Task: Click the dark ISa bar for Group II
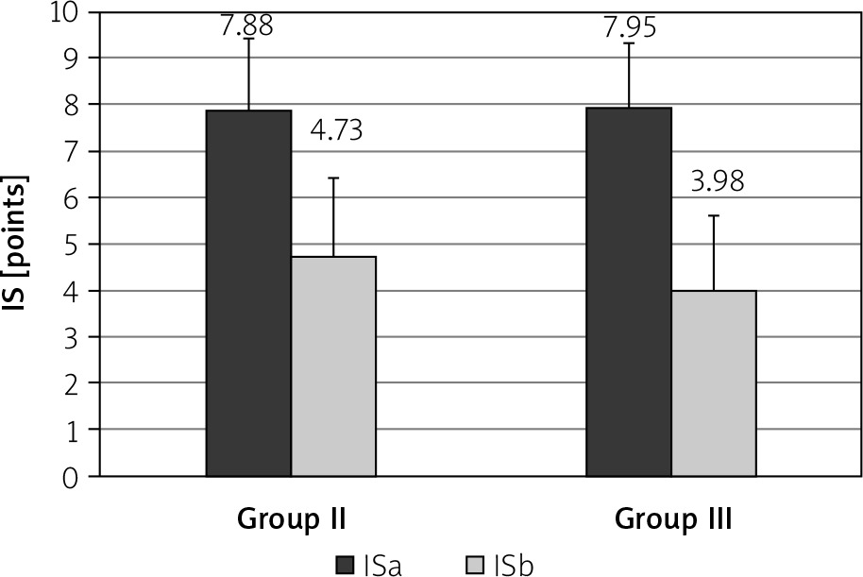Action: point(249,293)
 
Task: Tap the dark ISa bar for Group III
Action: point(629,292)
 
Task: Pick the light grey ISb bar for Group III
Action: point(714,383)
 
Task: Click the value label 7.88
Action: point(246,25)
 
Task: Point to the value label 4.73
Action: point(337,129)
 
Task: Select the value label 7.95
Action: point(629,25)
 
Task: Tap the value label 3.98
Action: point(717,180)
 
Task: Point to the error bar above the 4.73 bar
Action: point(333,216)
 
